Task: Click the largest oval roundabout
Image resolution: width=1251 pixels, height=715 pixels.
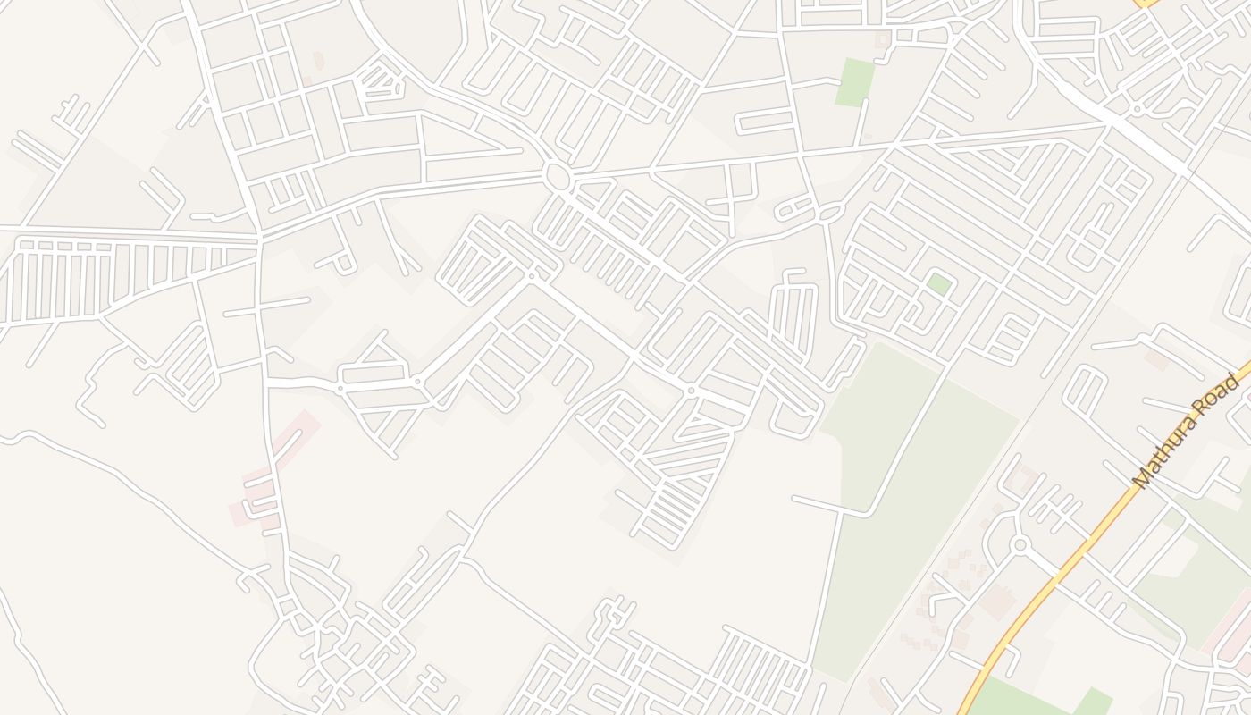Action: [558, 177]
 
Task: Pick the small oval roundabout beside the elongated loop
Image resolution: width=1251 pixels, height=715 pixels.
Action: [830, 213]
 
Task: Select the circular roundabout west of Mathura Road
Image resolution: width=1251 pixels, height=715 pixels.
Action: [1019, 544]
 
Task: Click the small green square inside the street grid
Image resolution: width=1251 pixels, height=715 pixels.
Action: [938, 284]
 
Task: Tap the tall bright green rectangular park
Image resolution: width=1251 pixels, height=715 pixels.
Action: [855, 82]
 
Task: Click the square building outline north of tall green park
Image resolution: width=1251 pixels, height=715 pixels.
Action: [883, 39]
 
